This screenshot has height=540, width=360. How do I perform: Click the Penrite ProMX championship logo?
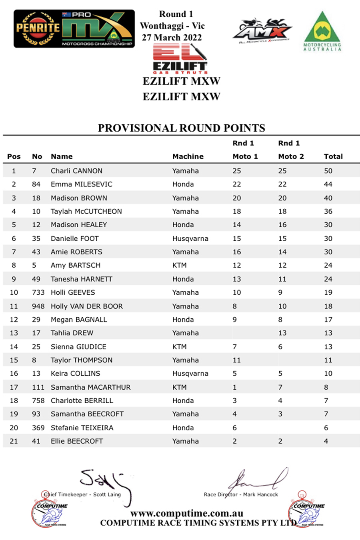(74, 29)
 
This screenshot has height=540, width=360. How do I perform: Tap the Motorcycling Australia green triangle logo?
(322, 31)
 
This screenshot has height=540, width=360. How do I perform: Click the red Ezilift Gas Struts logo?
(180, 59)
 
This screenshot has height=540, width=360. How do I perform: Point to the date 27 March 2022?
(172, 38)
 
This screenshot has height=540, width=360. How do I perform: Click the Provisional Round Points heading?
(181, 128)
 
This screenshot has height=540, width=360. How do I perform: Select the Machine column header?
(188, 156)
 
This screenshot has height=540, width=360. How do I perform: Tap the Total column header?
(333, 156)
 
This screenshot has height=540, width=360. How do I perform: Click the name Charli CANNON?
(76, 171)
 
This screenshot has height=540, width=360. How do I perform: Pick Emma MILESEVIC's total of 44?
(328, 184)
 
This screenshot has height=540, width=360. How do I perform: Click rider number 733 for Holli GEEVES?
(38, 292)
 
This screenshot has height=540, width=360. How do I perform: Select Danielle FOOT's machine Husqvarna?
(190, 238)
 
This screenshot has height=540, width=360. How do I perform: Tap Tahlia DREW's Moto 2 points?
(282, 333)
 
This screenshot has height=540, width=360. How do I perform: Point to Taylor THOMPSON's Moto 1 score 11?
(237, 360)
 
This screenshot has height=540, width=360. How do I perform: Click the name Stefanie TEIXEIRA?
(82, 428)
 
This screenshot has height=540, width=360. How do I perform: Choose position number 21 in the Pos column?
(14, 441)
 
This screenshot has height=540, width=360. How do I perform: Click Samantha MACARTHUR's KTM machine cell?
(179, 387)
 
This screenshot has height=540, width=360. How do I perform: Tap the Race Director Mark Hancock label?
(241, 494)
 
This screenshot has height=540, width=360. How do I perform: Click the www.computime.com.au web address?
(187, 513)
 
